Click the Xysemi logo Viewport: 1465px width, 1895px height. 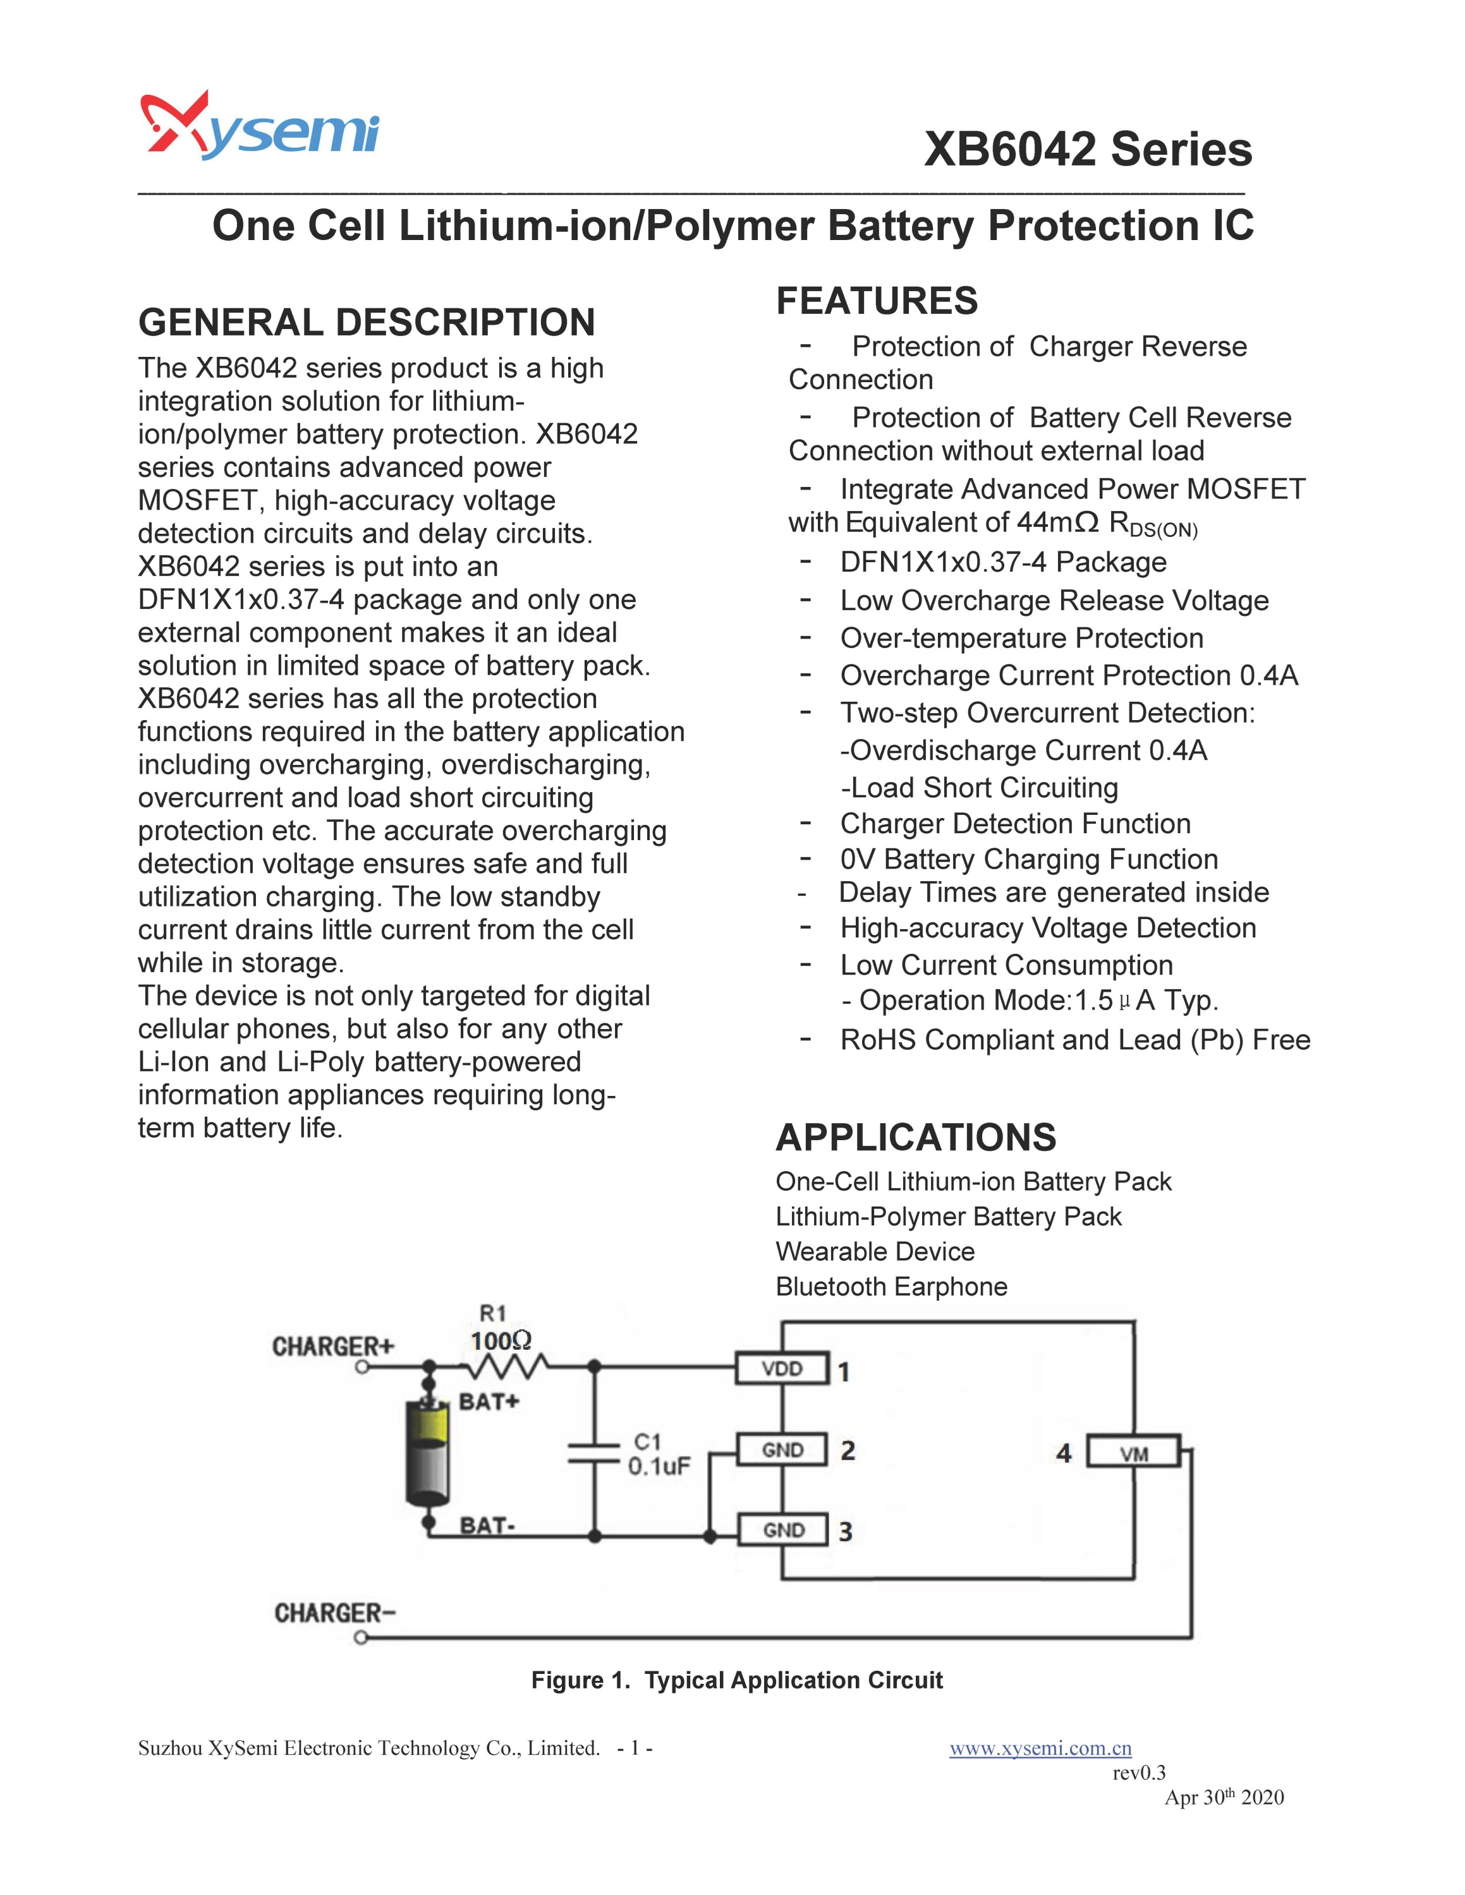258,127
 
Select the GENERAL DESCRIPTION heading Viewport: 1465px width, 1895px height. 367,322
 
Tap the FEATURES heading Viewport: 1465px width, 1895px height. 877,301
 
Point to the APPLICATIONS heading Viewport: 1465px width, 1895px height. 916,1138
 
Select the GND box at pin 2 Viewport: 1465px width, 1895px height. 782,1450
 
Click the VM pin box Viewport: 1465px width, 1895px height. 1133,1453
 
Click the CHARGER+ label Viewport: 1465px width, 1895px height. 333,1347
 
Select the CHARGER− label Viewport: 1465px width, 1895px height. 335,1613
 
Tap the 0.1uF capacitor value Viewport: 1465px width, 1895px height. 660,1466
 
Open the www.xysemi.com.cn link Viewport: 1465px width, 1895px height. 1040,1748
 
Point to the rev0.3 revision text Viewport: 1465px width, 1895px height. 1139,1772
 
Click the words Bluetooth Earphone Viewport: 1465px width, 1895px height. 891,1287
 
